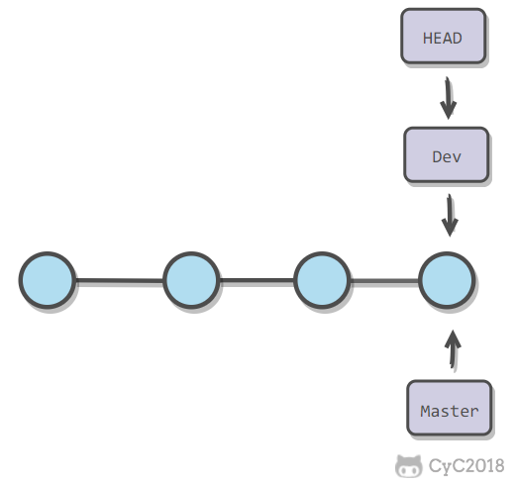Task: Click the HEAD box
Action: pyautogui.click(x=443, y=36)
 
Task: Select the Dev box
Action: pyautogui.click(x=446, y=154)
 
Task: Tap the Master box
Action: pyautogui.click(x=449, y=408)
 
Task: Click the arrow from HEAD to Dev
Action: pyautogui.click(x=448, y=98)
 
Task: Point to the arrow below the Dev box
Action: pyautogui.click(x=450, y=215)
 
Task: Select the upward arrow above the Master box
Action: pyautogui.click(x=453, y=349)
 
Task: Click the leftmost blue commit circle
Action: pyautogui.click(x=48, y=280)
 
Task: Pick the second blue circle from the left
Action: pyautogui.click(x=191, y=280)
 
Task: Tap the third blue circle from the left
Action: pyautogui.click(x=322, y=280)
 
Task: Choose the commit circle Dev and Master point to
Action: pyautogui.click(x=447, y=280)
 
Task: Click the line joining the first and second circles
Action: pyautogui.click(x=120, y=281)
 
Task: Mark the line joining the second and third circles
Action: pyautogui.click(x=257, y=280)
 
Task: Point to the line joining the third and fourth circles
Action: pyautogui.click(x=384, y=281)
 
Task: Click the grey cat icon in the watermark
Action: pyautogui.click(x=408, y=466)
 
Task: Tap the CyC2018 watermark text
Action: pyautogui.click(x=466, y=466)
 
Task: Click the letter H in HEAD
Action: pyautogui.click(x=427, y=39)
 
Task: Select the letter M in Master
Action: pyautogui.click(x=425, y=411)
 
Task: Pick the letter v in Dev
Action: pyautogui.click(x=457, y=158)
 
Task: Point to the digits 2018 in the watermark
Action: pyautogui.click(x=485, y=465)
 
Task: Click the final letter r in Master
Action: pyautogui.click(x=474, y=413)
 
